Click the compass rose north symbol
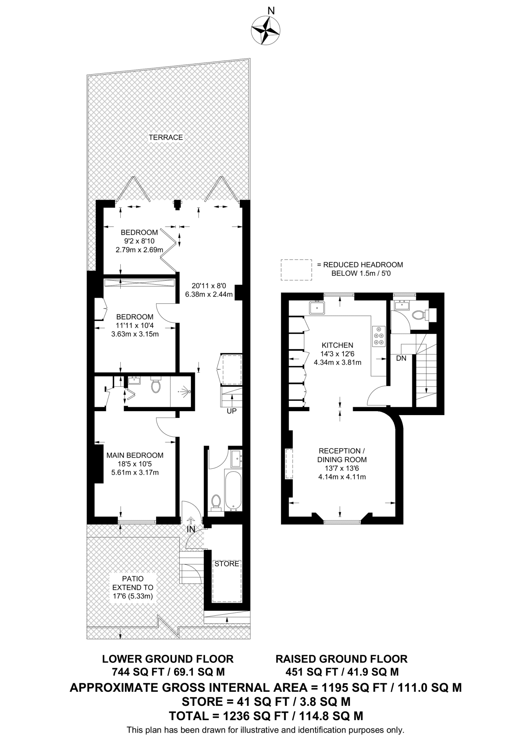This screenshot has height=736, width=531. pos(265,30)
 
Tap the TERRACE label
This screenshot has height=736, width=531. pos(166,137)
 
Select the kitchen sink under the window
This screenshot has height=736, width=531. pos(317,308)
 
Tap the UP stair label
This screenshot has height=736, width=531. pos(232,411)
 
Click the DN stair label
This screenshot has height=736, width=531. pos(401,358)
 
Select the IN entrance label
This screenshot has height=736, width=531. pos(191,529)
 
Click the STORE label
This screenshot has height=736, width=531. pos(227,564)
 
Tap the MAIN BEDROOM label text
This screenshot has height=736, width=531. pos(135,455)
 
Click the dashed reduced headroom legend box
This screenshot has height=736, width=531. pos(296,270)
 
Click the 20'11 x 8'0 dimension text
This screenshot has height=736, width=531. pos(209,286)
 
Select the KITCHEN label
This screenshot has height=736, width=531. pos(337,345)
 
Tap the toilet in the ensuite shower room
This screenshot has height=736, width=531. pos(156,386)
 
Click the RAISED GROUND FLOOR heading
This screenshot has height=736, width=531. pos(341,659)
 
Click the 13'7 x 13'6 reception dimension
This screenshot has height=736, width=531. pos(341,468)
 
